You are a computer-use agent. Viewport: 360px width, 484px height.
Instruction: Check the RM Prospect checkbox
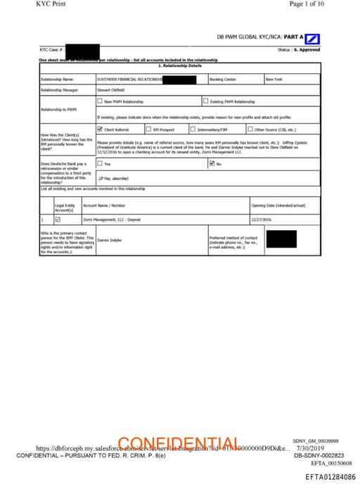(148, 129)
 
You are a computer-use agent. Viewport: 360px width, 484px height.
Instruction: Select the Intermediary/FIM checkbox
(193, 129)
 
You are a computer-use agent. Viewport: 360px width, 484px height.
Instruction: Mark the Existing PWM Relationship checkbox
(205, 101)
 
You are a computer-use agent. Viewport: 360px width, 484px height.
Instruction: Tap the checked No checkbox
(212, 164)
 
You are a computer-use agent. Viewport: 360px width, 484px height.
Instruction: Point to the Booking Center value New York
(274, 79)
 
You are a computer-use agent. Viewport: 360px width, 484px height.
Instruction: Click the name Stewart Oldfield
(110, 90)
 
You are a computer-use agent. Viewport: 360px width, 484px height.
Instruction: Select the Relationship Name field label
(57, 79)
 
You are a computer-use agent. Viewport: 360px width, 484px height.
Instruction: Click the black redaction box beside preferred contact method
(281, 238)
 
